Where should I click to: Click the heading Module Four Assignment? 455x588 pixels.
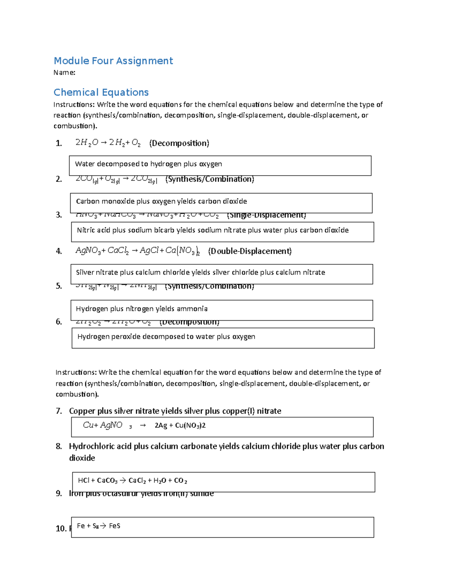[113, 61]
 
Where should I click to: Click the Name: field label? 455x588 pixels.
[64, 73]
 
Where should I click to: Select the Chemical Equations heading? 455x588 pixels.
[101, 92]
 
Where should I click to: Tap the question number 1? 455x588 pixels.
[58, 143]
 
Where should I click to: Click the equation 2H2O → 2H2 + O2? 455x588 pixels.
[108, 143]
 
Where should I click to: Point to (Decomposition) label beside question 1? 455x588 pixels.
[179, 143]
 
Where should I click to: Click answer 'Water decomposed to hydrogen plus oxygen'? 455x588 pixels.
[148, 164]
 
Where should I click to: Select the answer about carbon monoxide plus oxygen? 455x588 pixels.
[161, 201]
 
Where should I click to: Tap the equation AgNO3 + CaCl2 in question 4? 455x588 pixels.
[102, 251]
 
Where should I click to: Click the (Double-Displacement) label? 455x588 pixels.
[249, 251]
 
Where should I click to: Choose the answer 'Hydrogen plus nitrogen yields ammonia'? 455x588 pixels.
[141, 309]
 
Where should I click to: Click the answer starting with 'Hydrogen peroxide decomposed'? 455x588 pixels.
[166, 337]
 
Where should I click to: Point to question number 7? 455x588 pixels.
[59, 411]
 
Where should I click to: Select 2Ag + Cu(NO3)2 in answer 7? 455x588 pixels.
[180, 426]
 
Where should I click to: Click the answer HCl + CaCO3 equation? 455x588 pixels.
[132, 481]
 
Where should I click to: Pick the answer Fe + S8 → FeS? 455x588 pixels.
[98, 526]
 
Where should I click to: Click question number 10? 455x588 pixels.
[61, 529]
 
